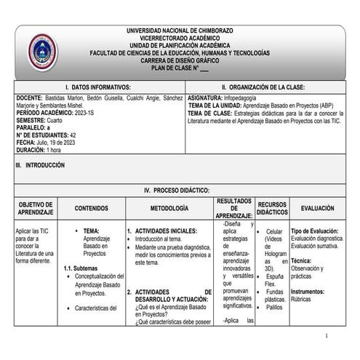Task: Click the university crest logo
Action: click(41, 52)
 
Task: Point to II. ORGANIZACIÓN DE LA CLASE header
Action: click(263, 87)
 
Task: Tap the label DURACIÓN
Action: click(30, 150)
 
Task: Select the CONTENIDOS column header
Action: click(91, 208)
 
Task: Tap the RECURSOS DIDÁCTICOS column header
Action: click(272, 208)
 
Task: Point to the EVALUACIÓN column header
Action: click(318, 208)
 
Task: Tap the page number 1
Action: click(328, 335)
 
